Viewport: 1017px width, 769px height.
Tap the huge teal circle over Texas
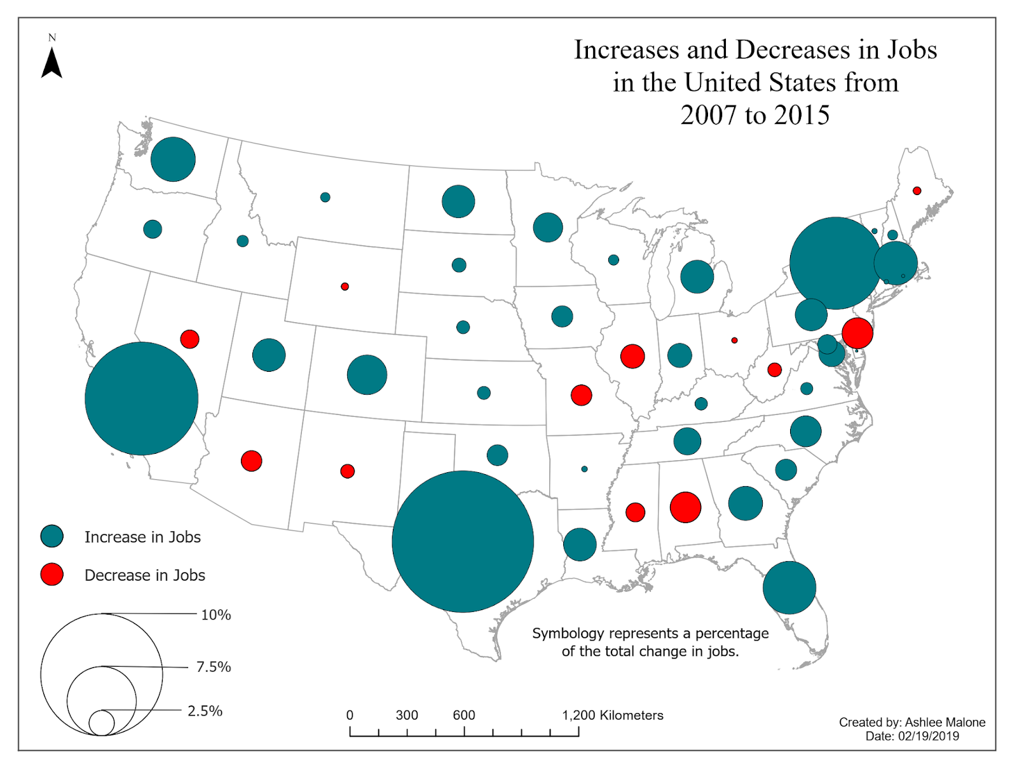pos(463,541)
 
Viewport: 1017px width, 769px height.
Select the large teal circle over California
pos(142,398)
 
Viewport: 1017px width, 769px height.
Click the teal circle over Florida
pos(789,588)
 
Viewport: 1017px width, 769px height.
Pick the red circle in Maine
pos(917,191)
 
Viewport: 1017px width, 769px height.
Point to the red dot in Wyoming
pos(345,287)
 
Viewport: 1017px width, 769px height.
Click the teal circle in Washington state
pos(173,159)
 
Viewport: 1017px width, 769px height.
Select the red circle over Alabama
pos(686,507)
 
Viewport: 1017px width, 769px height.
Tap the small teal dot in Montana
pos(325,197)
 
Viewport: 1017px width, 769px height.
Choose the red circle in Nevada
pos(189,339)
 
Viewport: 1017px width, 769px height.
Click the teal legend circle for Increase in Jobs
pos(52,536)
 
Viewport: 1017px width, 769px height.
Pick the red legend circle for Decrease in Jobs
pos(52,575)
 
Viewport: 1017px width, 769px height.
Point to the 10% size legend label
pos(216,615)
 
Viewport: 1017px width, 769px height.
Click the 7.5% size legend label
pos(214,667)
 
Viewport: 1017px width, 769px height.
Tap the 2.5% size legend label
pos(205,711)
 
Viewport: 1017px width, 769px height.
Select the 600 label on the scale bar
pos(464,715)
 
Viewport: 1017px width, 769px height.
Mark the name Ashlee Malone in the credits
pos(945,722)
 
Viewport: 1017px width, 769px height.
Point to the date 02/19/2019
pos(928,736)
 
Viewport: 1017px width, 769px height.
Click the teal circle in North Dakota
pos(458,201)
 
